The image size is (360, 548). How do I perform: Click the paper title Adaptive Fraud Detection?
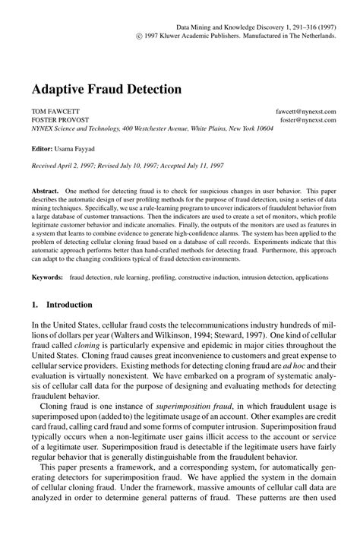coord(106,88)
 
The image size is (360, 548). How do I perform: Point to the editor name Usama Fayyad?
coord(73,149)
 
